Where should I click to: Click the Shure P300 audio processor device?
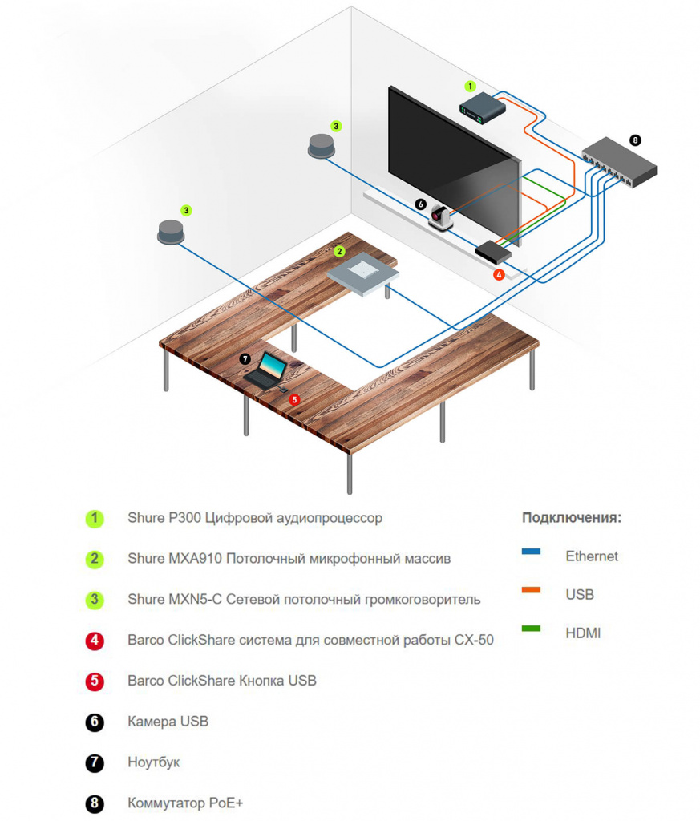point(482,108)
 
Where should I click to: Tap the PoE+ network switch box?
point(619,160)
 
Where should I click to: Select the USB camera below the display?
point(440,217)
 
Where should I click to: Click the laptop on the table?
point(267,371)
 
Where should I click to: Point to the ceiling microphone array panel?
point(363,271)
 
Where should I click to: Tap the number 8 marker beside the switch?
point(635,140)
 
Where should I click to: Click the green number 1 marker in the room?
point(471,86)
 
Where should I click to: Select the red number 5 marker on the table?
point(294,398)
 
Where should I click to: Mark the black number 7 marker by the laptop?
point(245,359)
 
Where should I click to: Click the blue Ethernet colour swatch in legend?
point(531,552)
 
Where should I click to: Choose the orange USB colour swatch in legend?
point(531,591)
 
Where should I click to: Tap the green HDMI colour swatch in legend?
point(531,629)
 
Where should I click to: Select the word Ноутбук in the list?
point(153,762)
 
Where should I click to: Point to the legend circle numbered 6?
point(95,722)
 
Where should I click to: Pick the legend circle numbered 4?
point(95,641)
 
